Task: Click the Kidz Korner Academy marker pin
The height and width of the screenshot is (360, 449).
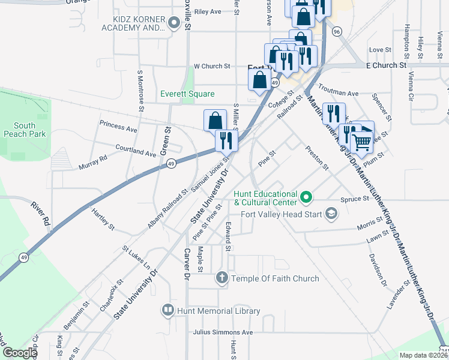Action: [175, 24]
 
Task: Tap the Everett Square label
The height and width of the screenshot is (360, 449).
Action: [187, 94]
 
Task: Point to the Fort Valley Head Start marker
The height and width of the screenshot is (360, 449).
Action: [331, 213]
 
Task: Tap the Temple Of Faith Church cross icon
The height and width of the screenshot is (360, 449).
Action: [221, 278]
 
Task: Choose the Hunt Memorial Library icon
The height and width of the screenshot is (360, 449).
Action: [167, 310]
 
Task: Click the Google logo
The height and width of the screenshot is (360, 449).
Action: [20, 353]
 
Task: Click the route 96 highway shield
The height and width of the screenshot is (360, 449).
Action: [337, 31]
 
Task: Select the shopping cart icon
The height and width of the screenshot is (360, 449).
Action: [361, 142]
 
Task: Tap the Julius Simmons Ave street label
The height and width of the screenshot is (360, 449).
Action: [223, 332]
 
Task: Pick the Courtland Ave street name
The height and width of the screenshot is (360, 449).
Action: [135, 151]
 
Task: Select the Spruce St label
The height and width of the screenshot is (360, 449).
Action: [354, 199]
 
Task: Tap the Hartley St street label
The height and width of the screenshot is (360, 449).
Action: [103, 220]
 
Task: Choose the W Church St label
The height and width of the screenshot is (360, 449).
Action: [212, 66]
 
